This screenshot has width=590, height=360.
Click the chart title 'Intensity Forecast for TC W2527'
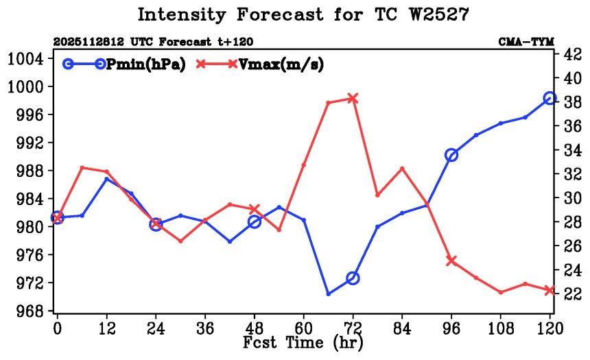(303, 14)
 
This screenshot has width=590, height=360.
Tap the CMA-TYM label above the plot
(526, 42)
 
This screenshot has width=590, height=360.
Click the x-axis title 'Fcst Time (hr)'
(303, 341)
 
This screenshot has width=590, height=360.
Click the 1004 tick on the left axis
(25, 58)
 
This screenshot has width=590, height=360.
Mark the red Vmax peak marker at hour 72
(353, 98)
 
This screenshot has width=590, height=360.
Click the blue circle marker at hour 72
(353, 278)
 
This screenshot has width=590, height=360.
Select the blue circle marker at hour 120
(550, 98)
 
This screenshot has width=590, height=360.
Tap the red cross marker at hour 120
(550, 290)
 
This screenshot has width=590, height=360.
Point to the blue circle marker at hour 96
(451, 155)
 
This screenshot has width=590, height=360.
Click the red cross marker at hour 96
(451, 261)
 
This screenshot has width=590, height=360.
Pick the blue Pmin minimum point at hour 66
(328, 294)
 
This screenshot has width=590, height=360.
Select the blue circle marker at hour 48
(255, 221)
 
